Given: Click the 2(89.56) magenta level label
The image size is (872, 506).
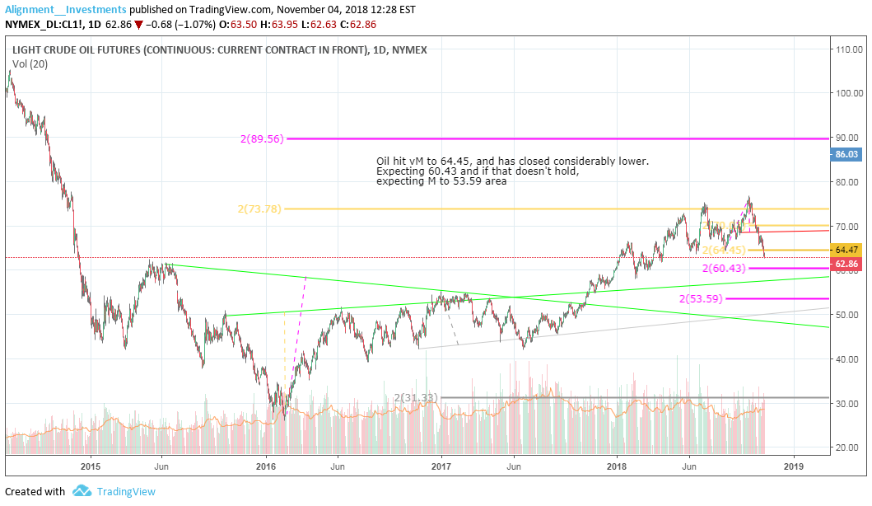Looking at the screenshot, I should click(x=262, y=139).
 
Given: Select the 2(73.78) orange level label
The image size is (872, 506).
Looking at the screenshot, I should click(x=259, y=209).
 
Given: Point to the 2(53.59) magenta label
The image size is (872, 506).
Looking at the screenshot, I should click(x=701, y=298).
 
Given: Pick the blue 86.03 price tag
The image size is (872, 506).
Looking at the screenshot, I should click(x=847, y=154).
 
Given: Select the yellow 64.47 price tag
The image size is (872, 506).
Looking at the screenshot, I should click(x=847, y=250).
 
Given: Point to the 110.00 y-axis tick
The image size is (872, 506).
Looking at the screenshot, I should click(x=848, y=49).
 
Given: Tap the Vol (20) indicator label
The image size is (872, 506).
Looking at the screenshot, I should click(x=30, y=63).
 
